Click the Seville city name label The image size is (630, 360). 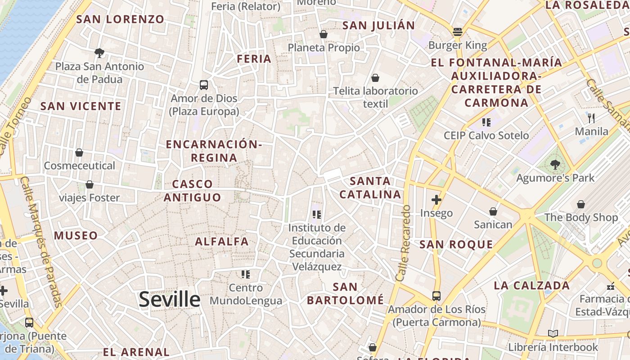[x=169, y=299]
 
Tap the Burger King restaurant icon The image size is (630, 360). [x=458, y=32]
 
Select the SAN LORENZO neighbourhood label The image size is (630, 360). [x=120, y=19]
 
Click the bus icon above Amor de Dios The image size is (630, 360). [x=204, y=85]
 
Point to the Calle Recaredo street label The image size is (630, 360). [x=403, y=243]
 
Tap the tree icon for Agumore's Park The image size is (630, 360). [x=555, y=164]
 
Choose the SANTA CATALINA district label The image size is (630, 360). [x=370, y=188]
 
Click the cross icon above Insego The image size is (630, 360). [x=436, y=200]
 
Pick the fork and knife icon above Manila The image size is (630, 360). [x=591, y=118]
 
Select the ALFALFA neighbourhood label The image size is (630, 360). [x=221, y=242]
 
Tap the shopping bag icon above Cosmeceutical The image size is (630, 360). [x=79, y=153]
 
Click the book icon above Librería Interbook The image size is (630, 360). [x=553, y=333]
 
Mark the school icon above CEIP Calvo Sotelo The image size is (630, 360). [x=486, y=122]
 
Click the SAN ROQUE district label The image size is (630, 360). [x=456, y=244]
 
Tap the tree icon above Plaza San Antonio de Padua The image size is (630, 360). [x=99, y=53]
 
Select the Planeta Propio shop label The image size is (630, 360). [x=324, y=48]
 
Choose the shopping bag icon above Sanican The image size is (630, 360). [x=493, y=211]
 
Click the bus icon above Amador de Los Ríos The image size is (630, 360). [x=436, y=296]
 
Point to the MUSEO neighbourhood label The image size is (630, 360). [x=76, y=235]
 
